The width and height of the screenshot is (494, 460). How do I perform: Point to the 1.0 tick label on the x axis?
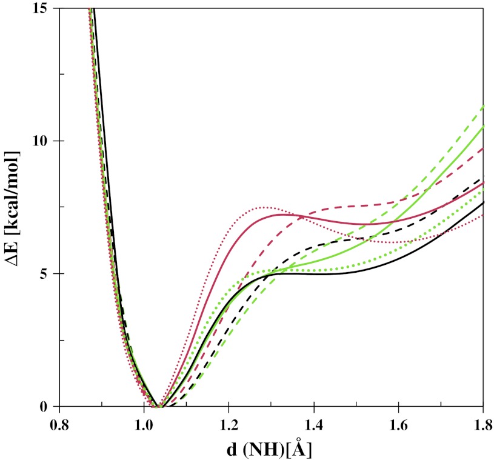point(143,424)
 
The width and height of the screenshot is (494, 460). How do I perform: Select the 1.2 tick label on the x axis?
point(228,424)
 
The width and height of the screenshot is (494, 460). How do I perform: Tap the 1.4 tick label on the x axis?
point(313,424)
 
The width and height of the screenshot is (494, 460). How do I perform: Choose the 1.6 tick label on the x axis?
point(398,424)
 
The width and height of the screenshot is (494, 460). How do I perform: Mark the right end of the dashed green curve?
point(483,105)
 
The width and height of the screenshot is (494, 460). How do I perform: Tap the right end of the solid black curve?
point(483,202)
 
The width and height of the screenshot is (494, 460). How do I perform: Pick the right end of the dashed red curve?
point(483,148)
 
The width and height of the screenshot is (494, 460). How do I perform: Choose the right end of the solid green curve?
point(483,127)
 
